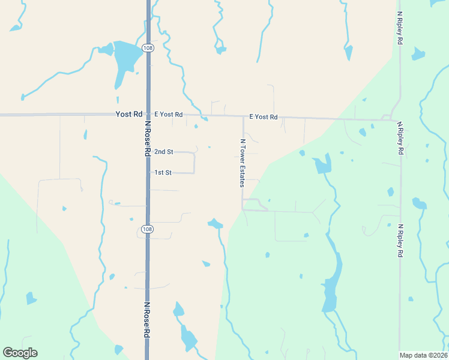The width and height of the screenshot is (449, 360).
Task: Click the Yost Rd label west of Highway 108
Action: coord(129,113)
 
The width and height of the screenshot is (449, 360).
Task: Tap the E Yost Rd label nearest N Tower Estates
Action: coord(264,116)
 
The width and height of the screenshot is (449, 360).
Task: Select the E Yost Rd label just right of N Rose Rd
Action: coord(168,114)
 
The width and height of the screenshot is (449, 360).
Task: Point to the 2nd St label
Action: coord(163,152)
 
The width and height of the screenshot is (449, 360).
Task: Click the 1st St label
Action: coord(163,172)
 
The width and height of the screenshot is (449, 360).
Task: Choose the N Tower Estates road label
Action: coord(243,163)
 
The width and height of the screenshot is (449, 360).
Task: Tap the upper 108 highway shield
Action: coord(147,47)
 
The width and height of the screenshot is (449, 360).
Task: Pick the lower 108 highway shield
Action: coord(147,229)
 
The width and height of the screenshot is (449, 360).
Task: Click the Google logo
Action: coord(20,353)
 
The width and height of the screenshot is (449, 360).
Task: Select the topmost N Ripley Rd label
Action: coord(399,28)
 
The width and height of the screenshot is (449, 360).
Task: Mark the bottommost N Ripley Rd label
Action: coord(400,241)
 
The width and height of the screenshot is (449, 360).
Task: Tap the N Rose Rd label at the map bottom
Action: coord(146,321)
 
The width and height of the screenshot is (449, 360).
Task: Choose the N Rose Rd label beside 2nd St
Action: coord(147,139)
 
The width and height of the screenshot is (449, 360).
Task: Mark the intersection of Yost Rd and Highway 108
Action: coord(148,114)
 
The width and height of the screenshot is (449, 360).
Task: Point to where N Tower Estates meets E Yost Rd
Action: coord(243,117)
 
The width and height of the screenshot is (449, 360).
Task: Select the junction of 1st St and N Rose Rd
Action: coord(148,173)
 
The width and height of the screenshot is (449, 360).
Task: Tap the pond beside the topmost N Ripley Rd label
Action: coord(418,55)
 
